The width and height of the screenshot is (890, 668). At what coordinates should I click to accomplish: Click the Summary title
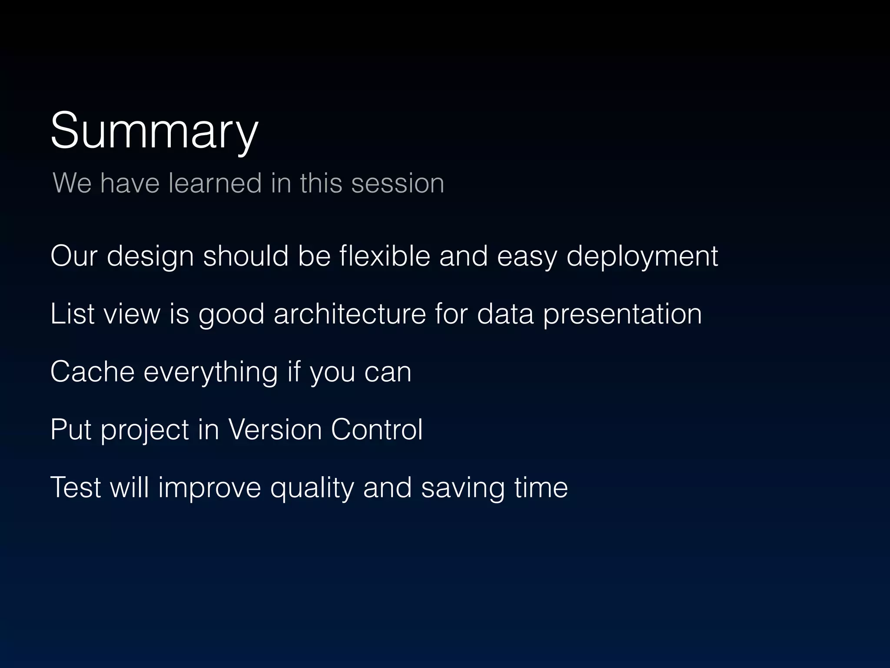154,130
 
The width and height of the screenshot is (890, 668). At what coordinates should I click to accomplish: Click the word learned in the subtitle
215,183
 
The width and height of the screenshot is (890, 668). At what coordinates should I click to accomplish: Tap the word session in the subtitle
398,183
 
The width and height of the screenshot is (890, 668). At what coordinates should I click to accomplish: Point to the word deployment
642,257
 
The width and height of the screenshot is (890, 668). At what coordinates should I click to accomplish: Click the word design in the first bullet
150,257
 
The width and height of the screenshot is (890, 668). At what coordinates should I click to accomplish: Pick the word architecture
350,314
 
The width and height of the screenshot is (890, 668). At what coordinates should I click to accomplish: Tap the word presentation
622,314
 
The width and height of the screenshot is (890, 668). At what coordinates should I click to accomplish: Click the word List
72,314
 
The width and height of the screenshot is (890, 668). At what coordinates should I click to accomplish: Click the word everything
210,373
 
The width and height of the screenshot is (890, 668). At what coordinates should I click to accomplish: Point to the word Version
275,430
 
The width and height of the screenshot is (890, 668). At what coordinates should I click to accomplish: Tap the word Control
377,430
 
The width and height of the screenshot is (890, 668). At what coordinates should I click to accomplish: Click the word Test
76,487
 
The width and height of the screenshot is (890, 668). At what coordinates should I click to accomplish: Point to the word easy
527,257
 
